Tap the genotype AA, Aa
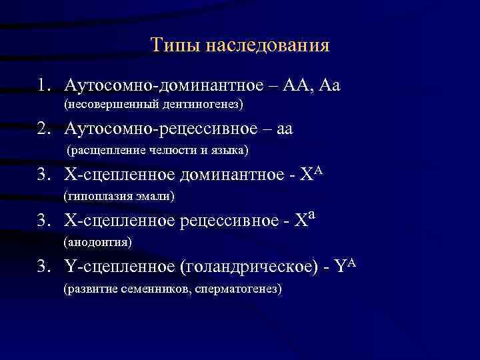(x=313, y=85)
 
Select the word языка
(x=229, y=151)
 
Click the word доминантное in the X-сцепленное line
(x=225, y=176)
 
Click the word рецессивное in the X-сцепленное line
(x=223, y=221)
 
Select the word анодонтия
(x=98, y=241)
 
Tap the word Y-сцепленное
(x=121, y=267)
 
